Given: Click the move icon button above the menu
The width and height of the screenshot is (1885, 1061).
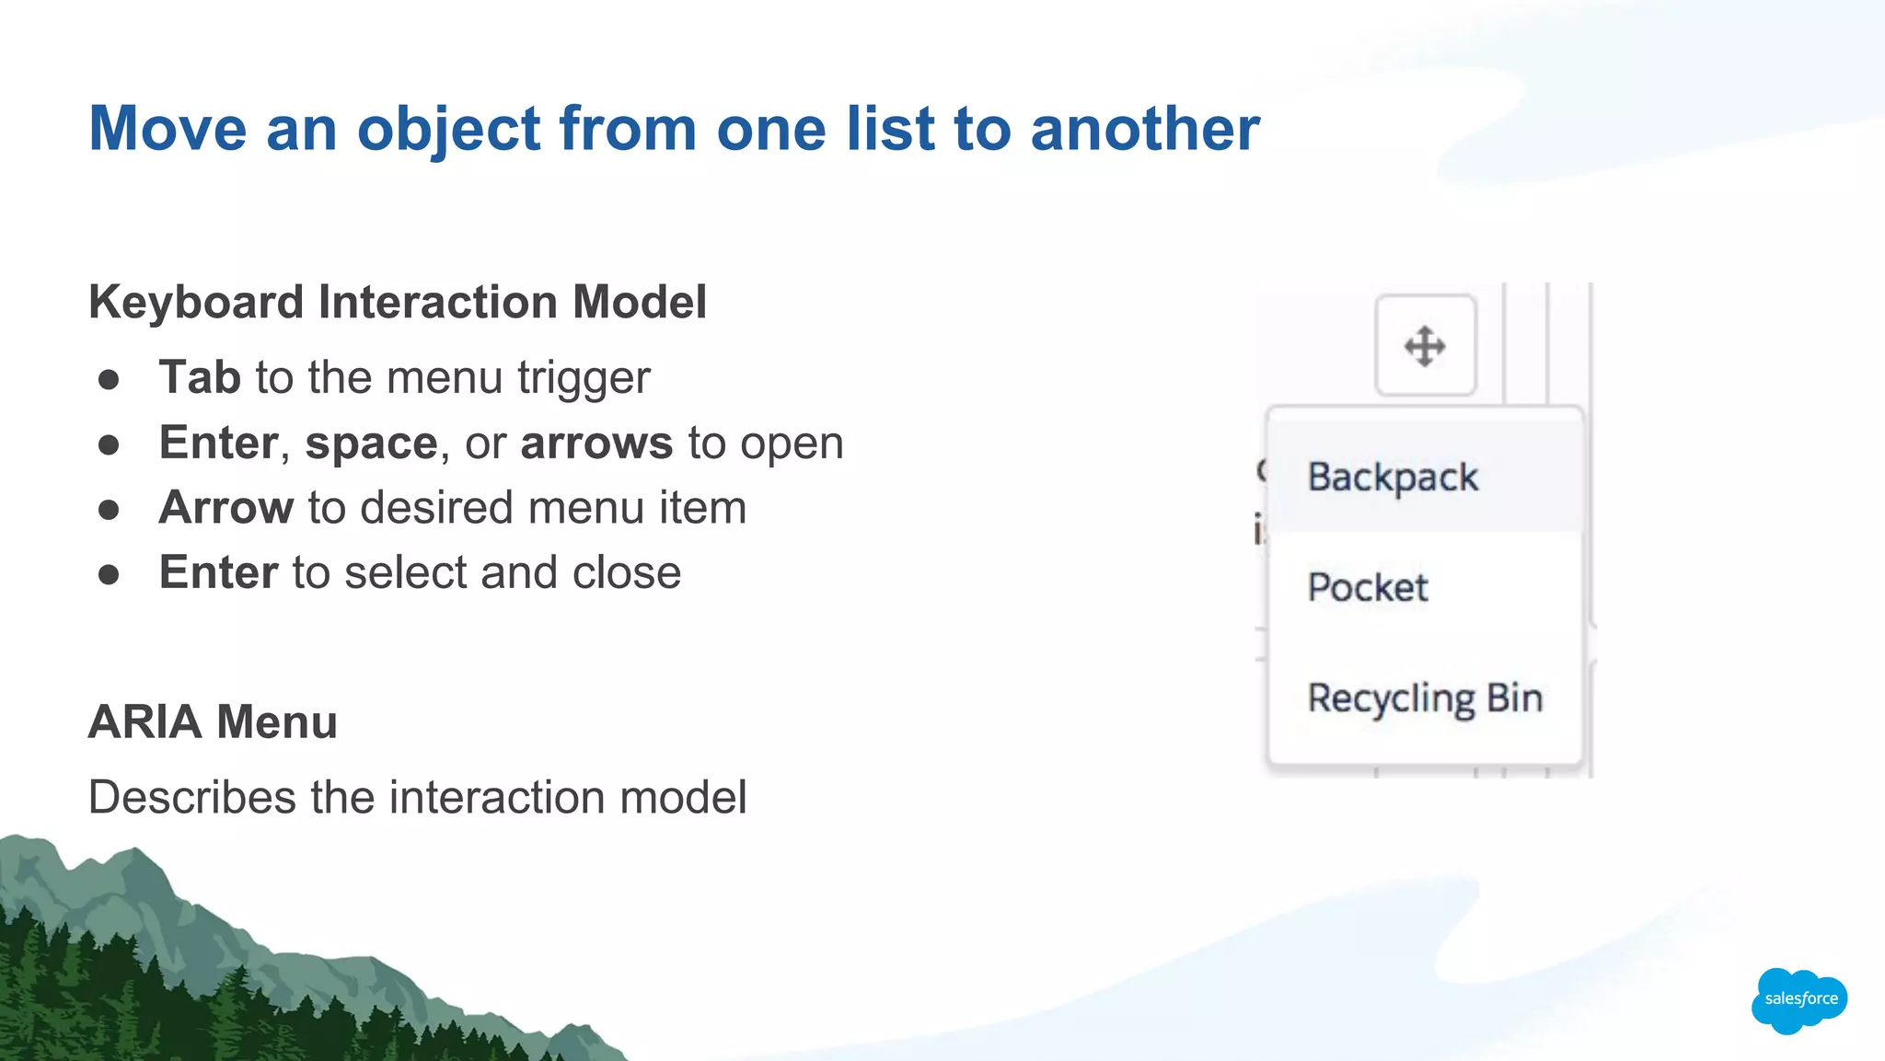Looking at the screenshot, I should click(1425, 346).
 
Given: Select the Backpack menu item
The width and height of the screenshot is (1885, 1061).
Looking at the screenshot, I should click(1393, 478).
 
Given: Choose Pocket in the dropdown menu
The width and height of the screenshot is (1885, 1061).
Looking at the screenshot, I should click(1368, 587).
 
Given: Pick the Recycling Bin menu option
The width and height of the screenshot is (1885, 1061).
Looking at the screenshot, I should click(1425, 698).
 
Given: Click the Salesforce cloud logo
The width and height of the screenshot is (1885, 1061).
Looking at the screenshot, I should click(1799, 999).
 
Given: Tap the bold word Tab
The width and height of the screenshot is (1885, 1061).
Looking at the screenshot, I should click(200, 377).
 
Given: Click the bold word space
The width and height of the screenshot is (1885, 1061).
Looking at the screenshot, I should click(371, 444).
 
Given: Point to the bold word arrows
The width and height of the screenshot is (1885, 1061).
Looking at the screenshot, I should click(596, 444).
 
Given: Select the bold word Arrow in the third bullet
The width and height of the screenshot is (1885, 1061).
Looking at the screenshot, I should click(226, 508).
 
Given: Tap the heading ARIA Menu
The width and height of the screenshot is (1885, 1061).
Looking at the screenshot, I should click(213, 721).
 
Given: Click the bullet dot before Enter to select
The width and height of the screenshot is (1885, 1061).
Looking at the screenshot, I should click(109, 575).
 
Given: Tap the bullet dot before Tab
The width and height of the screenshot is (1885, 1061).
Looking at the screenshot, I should click(109, 379).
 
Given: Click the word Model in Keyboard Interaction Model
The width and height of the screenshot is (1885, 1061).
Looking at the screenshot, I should click(639, 302).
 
